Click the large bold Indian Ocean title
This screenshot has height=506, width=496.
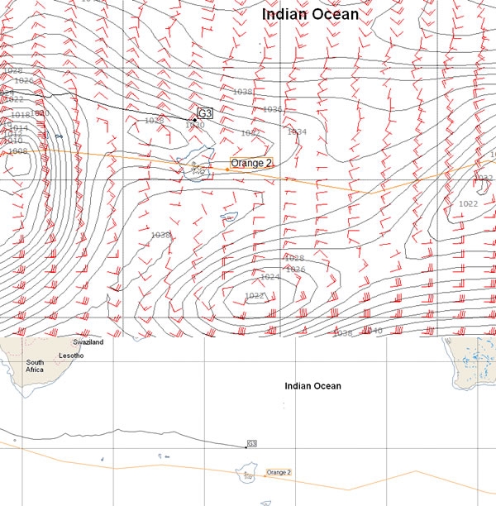[x=310, y=14]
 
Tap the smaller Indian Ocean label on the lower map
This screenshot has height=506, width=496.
[x=312, y=386]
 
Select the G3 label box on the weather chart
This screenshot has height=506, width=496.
[x=205, y=112]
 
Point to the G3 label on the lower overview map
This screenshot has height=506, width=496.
[x=252, y=444]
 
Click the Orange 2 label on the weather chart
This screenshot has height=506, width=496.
[x=251, y=163]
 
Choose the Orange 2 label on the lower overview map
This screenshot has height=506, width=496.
[x=279, y=472]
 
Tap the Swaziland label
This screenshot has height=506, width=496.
[x=88, y=342]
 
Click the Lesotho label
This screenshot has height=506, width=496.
[x=71, y=356]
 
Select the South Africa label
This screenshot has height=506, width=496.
[x=35, y=366]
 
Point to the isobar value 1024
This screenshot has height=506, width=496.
[x=269, y=277]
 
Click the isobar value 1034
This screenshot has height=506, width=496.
[x=297, y=131]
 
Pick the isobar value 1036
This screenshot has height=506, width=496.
[x=272, y=109]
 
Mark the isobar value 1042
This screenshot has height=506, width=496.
[x=250, y=132]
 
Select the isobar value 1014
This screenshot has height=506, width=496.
[x=18, y=128]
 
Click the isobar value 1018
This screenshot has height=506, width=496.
[x=20, y=115]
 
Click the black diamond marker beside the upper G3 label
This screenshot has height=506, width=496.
[x=194, y=120]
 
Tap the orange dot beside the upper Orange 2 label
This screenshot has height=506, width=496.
[x=227, y=169]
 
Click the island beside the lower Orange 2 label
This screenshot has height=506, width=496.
[x=246, y=475]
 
